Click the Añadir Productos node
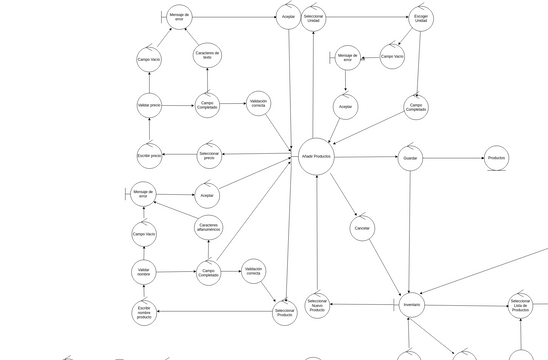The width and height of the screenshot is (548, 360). [315, 157]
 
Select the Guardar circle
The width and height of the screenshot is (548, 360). [409, 158]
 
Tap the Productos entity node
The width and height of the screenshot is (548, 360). [496, 158]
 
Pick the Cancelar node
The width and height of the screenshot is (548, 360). [362, 229]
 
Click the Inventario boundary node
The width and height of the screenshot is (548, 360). [412, 304]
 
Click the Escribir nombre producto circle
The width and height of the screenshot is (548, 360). [144, 313]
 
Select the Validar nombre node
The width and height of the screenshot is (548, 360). [144, 272]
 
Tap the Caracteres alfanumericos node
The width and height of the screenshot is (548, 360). [208, 228]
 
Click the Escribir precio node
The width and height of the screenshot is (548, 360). [149, 155]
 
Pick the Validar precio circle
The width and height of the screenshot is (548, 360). [149, 104]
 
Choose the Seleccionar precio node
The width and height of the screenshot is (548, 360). [208, 155]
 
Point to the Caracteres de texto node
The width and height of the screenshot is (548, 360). [207, 56]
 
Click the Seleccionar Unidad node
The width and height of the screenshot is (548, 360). [314, 18]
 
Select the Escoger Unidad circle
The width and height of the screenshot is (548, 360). [422, 18]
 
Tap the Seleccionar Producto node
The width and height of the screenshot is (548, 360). [285, 313]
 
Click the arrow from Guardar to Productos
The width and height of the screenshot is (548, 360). [452, 158]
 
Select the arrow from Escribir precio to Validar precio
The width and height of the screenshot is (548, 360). [149, 130]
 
